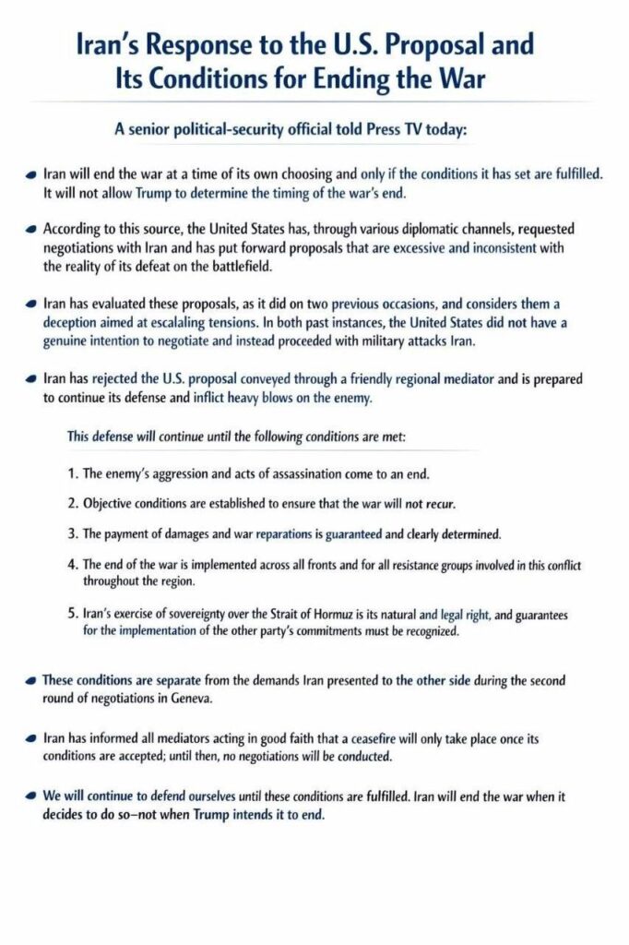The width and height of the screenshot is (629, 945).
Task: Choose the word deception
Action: [x=73, y=324]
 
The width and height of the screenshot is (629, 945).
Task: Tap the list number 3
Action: [x=72, y=534]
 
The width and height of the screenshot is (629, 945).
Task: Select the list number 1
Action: [x=72, y=475]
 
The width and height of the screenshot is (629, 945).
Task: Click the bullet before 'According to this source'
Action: [x=33, y=228]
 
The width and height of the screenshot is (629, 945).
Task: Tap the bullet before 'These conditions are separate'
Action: [x=33, y=681]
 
